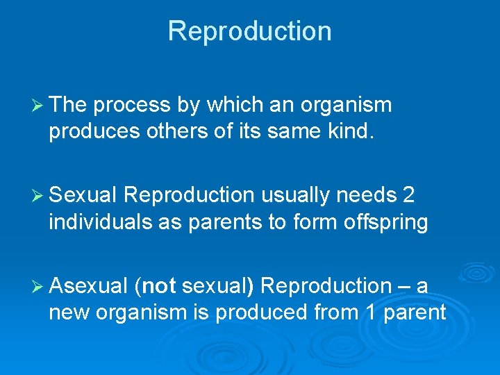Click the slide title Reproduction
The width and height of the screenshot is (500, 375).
pos(249,31)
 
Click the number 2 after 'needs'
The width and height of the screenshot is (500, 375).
pos(408,195)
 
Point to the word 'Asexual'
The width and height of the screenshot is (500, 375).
pos(88,285)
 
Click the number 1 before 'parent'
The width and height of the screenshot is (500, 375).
pos(372,312)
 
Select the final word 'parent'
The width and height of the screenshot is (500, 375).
pos(415,312)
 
